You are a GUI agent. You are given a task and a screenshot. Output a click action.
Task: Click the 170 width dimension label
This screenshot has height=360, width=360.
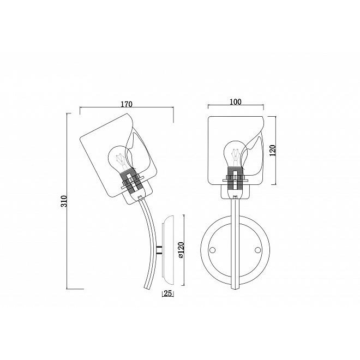(127, 104)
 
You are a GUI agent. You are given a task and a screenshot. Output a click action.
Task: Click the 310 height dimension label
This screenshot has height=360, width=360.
(64, 201)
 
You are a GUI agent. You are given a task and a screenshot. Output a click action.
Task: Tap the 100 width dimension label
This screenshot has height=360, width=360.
(236, 101)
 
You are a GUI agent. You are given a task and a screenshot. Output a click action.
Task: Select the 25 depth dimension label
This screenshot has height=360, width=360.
(168, 293)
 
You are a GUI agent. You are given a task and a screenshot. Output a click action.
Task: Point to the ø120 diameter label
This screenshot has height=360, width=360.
(181, 250)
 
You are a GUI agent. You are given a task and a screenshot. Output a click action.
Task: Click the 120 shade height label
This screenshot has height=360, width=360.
(273, 151)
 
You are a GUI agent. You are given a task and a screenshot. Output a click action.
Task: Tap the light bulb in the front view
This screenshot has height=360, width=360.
(235, 153)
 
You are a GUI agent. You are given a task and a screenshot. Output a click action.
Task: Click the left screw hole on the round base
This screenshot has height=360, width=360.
(213, 250)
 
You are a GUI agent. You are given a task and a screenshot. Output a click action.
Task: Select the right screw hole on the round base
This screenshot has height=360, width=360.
(258, 250)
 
